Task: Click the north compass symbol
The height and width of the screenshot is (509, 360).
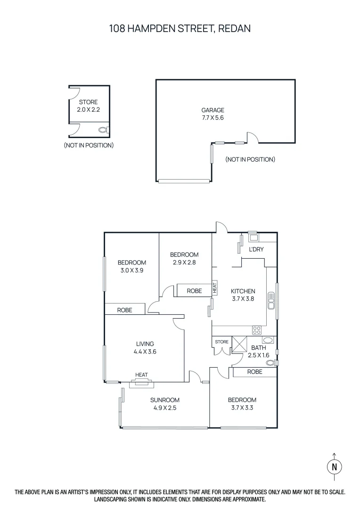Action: click(x=334, y=467)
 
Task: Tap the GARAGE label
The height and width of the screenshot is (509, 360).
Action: click(x=213, y=110)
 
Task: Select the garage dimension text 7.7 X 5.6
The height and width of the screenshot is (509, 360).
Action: click(x=213, y=118)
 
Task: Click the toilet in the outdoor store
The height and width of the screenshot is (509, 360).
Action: click(x=103, y=130)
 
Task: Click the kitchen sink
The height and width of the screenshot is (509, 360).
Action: click(x=271, y=300)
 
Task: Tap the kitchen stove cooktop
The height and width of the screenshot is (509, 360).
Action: click(x=257, y=330)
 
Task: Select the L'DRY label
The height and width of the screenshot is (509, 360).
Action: click(x=256, y=249)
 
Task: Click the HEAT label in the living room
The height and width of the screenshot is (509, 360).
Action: click(x=141, y=375)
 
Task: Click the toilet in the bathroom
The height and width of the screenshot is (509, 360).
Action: click(x=271, y=363)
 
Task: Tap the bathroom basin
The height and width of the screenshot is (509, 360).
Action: click(x=268, y=340)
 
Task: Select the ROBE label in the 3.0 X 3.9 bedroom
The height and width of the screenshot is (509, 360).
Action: click(x=124, y=310)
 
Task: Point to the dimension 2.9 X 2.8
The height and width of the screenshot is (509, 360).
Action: click(x=184, y=262)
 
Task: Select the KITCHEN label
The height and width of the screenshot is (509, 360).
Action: click(x=243, y=291)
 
